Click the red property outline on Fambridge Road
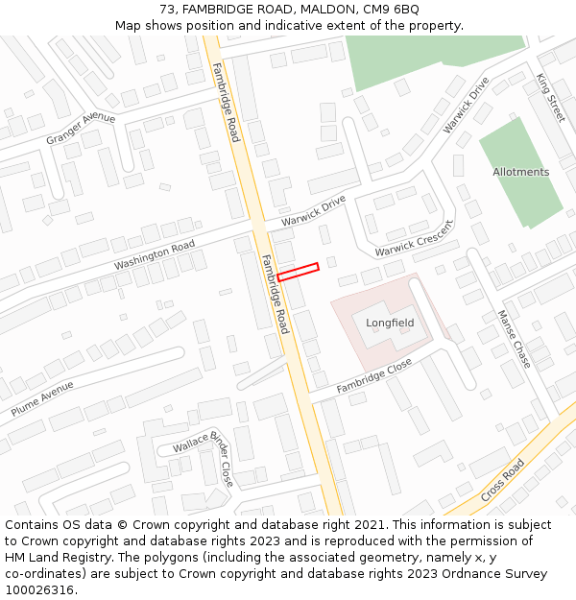(x=298, y=272)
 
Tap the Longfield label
(x=390, y=323)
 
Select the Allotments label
(x=520, y=173)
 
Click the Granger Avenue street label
(x=81, y=130)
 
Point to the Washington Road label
(x=154, y=255)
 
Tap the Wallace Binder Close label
(x=204, y=456)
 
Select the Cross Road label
(x=502, y=479)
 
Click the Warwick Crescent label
(x=414, y=239)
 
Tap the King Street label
(x=551, y=97)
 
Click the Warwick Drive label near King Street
(x=466, y=105)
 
